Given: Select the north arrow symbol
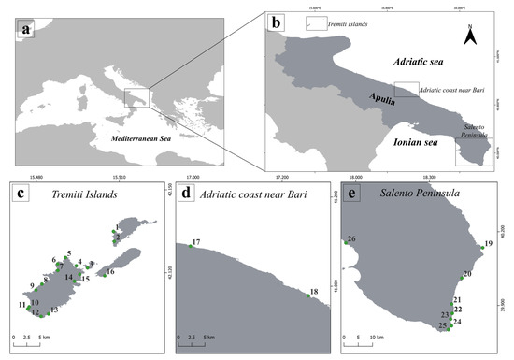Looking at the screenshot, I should [473, 36].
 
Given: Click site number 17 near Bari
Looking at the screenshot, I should [195, 243].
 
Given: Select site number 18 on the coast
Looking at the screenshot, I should [313, 293].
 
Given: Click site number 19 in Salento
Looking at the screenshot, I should [488, 244].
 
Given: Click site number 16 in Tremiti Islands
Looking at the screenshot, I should [110, 272].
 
